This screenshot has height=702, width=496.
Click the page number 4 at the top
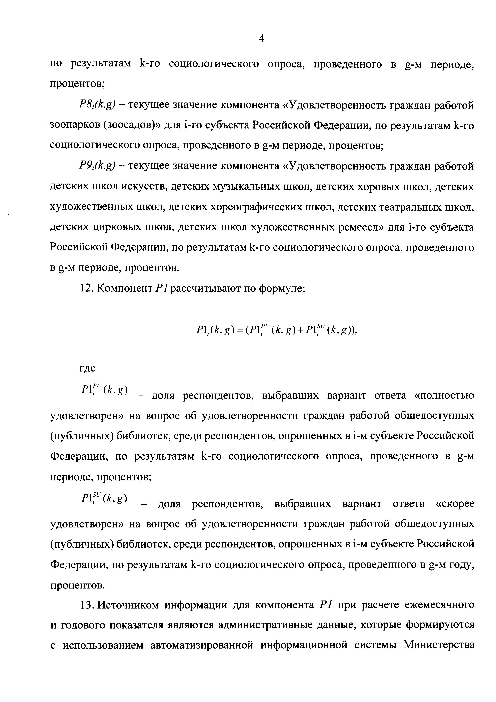[261, 38]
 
